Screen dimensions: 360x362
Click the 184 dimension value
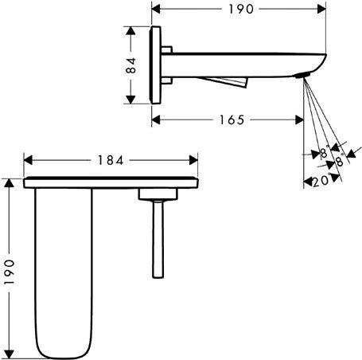pos(111,159)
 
